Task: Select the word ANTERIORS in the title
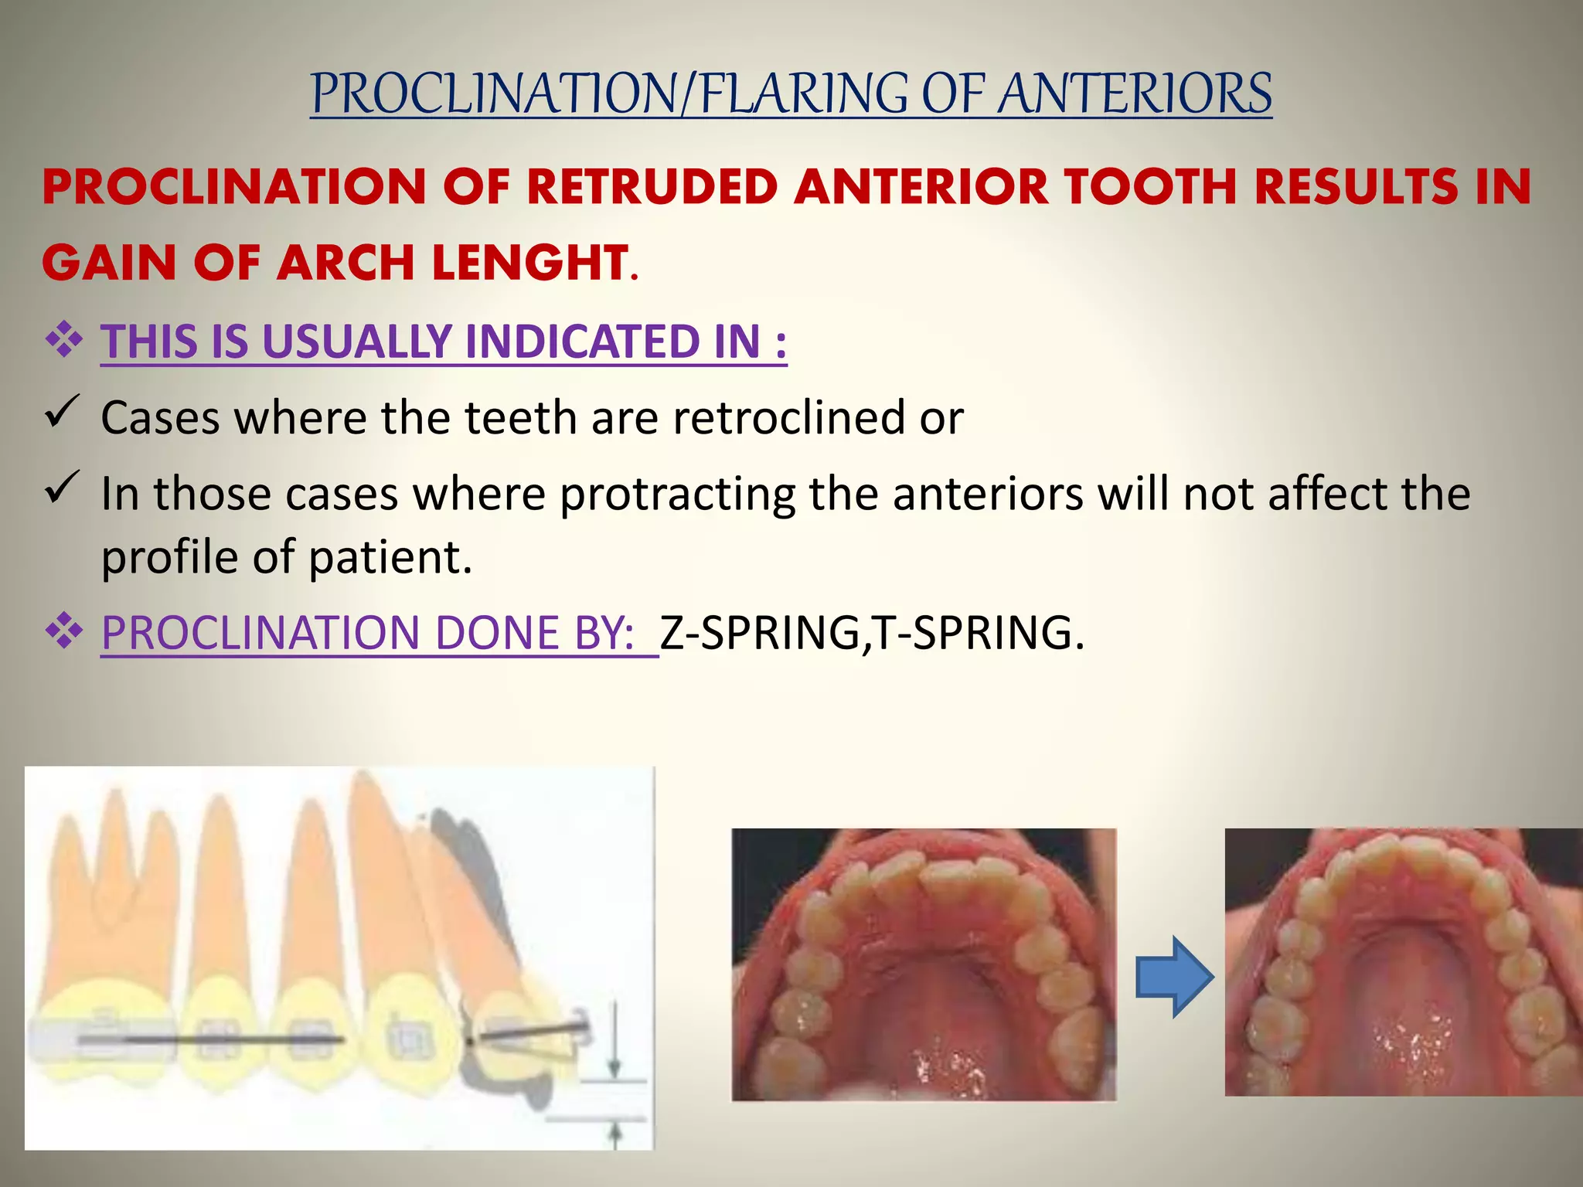tap(1134, 94)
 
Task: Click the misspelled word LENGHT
tap(531, 263)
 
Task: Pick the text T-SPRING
tap(972, 633)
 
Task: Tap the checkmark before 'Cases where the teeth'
tap(62, 410)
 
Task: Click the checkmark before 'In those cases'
tap(62, 487)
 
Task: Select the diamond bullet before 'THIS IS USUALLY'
tap(64, 341)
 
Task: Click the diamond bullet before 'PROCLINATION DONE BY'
tap(64, 632)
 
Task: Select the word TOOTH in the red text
tap(1149, 188)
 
